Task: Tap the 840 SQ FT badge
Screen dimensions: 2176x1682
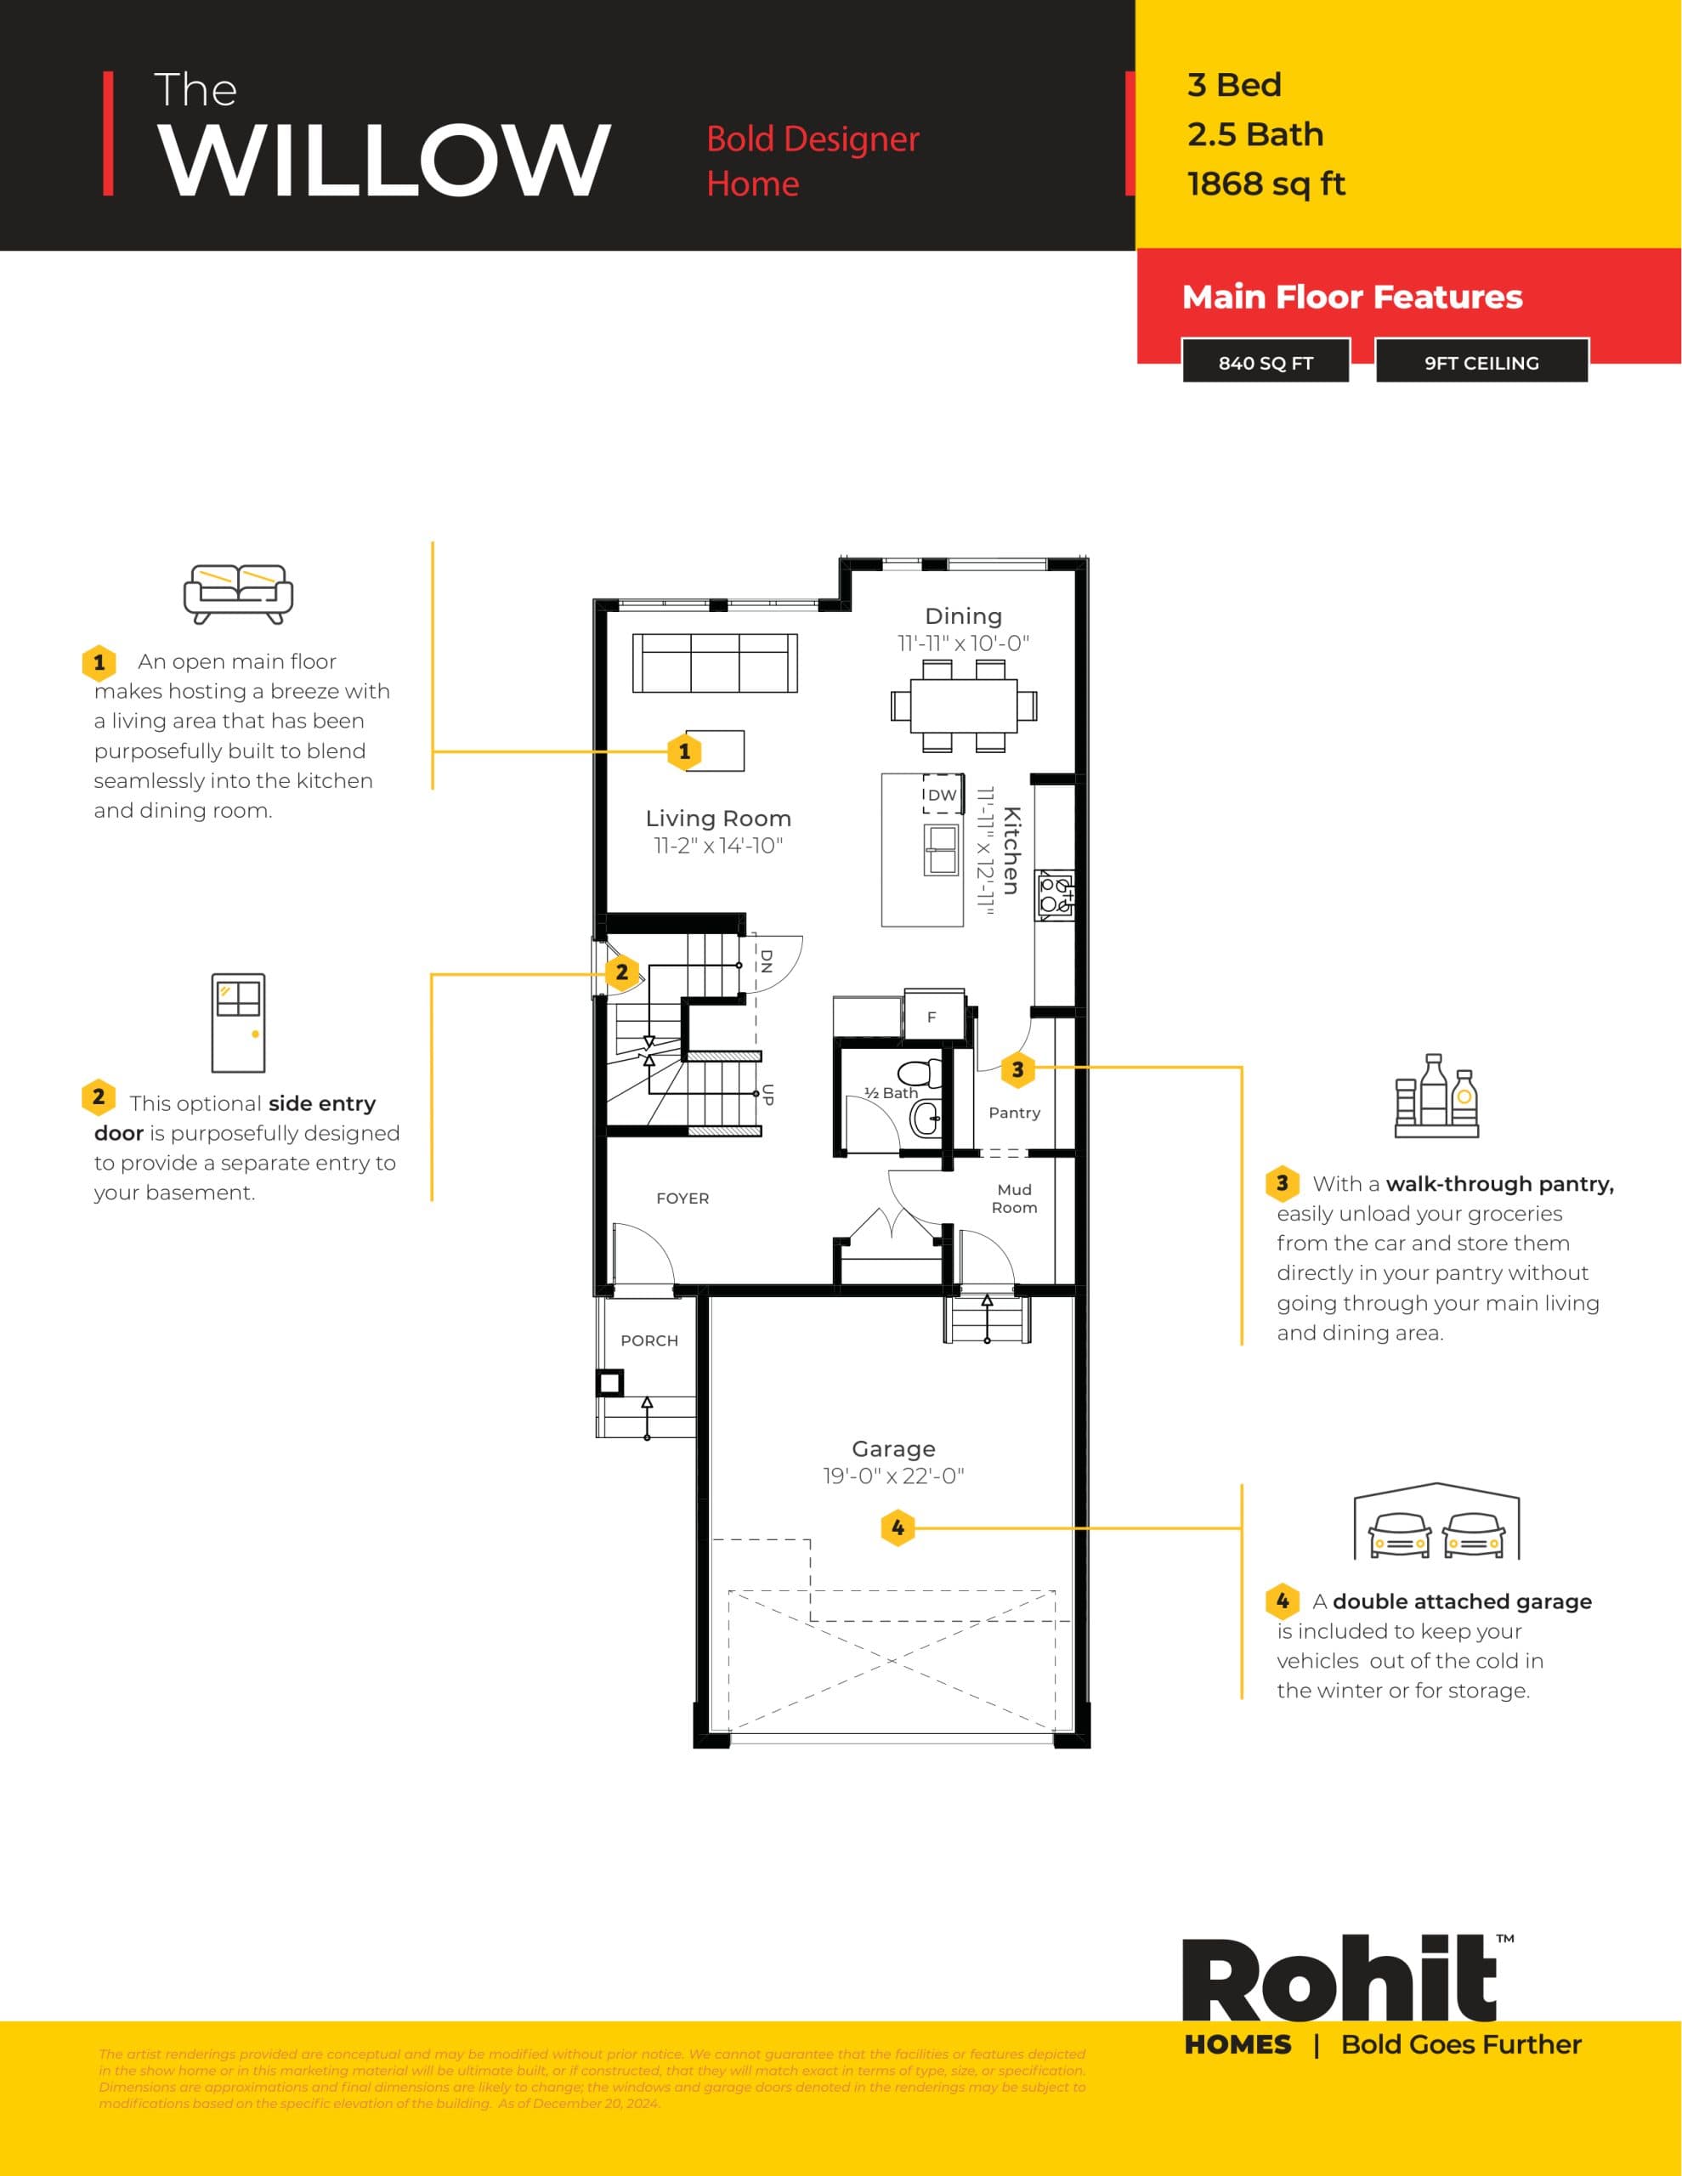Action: click(x=1266, y=363)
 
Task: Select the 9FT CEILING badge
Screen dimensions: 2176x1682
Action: click(x=1481, y=363)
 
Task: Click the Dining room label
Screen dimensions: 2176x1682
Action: click(x=963, y=615)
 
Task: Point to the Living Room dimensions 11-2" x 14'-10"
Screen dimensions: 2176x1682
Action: click(x=717, y=846)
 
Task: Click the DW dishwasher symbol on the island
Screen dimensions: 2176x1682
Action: click(x=942, y=794)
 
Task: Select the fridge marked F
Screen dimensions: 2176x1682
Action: click(x=932, y=1017)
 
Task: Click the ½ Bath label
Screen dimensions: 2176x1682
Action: click(x=890, y=1093)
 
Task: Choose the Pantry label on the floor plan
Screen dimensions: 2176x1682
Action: click(x=1013, y=1113)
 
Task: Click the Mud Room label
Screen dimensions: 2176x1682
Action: click(x=1013, y=1198)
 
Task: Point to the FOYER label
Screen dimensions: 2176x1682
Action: click(x=682, y=1198)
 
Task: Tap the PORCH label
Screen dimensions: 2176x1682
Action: click(x=648, y=1341)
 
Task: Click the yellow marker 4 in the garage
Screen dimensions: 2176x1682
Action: click(x=898, y=1527)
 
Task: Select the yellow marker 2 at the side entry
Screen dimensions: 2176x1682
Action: click(x=622, y=972)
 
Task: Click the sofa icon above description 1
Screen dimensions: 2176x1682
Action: click(x=238, y=594)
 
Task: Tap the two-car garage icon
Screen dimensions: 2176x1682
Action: click(x=1436, y=1523)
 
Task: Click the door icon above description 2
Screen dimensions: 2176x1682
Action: click(x=238, y=1023)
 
